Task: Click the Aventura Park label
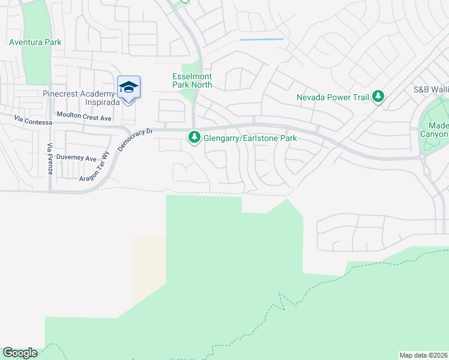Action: pos(35,43)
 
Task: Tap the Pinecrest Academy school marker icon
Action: pos(128,88)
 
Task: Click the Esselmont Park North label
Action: pos(193,80)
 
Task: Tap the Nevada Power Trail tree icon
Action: pos(378,96)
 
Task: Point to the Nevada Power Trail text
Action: pos(333,97)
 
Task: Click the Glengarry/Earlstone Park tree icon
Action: pos(194,137)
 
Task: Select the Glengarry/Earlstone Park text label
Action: pos(250,138)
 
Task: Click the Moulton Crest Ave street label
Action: pos(83,117)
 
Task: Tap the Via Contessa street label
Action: pos(33,121)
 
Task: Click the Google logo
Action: pos(20,353)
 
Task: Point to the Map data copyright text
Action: pos(423,355)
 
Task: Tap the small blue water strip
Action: pos(262,40)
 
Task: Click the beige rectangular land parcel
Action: pos(149,270)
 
